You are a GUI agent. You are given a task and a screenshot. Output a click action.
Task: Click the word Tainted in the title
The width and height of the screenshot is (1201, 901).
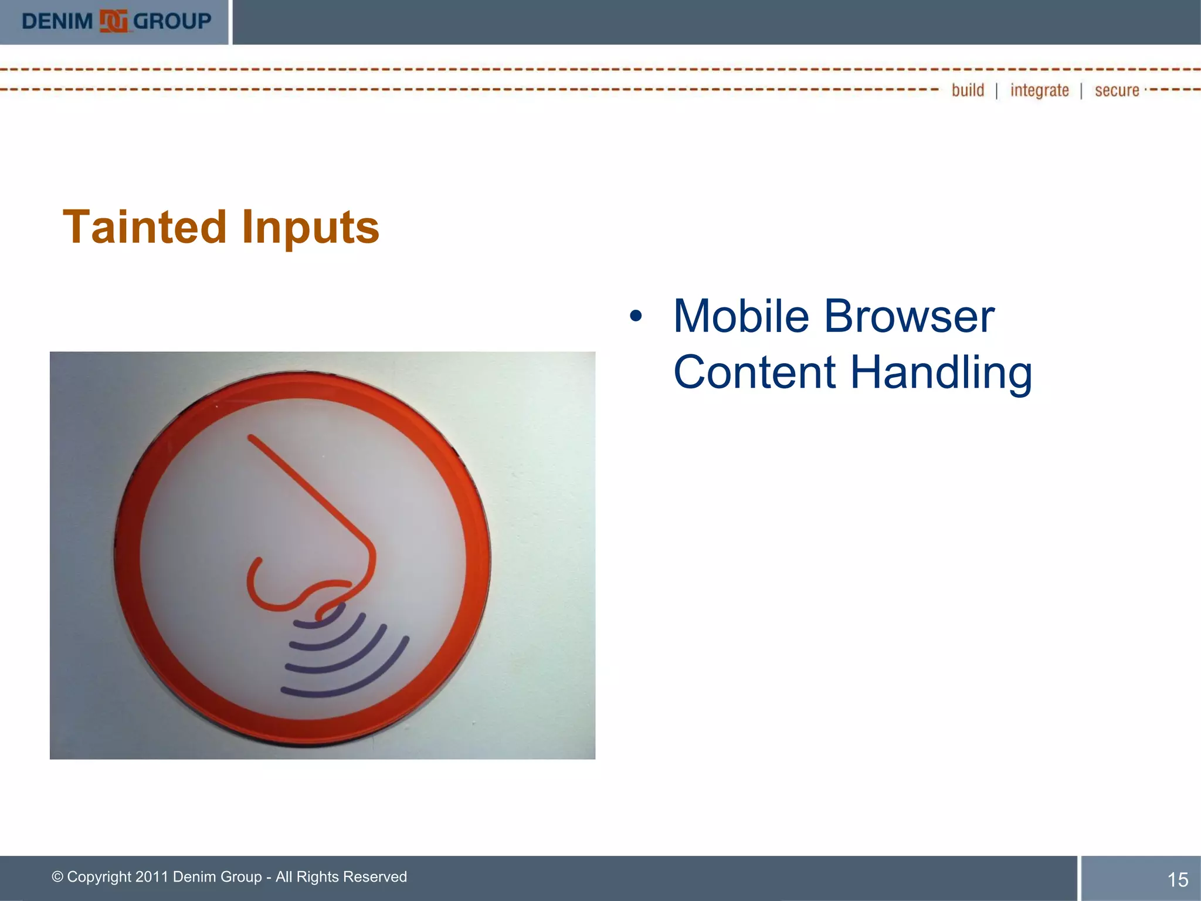click(144, 227)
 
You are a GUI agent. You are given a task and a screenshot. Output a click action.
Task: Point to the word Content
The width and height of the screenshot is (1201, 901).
click(754, 372)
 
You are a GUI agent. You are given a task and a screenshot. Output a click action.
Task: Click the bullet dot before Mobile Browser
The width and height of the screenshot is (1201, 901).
click(636, 317)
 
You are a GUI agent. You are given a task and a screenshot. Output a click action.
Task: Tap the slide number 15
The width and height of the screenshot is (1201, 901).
click(1178, 879)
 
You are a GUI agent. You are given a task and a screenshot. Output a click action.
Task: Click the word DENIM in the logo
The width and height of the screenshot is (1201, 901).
click(57, 22)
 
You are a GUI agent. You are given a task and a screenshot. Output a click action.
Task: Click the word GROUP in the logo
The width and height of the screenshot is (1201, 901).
click(172, 22)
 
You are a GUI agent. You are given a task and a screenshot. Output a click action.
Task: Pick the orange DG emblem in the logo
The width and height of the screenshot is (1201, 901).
click(113, 22)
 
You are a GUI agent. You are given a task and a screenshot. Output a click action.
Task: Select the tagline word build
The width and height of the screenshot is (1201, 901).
click(968, 90)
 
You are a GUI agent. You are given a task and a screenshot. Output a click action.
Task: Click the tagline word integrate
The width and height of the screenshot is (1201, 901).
click(1039, 90)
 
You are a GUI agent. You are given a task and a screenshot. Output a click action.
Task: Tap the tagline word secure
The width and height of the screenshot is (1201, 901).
click(1117, 90)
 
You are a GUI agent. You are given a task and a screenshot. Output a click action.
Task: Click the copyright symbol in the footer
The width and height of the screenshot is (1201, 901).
click(57, 876)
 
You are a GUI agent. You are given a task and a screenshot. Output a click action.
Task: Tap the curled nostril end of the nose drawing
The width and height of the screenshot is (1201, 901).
click(255, 566)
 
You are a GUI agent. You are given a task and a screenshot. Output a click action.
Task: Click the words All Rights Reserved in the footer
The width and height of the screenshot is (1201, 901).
click(341, 876)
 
